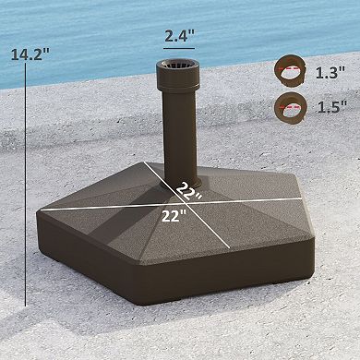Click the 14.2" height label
[29, 54]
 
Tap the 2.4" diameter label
[179, 37]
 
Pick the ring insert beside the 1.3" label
[290, 71]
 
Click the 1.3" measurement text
[329, 71]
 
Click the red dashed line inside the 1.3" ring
[290, 69]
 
